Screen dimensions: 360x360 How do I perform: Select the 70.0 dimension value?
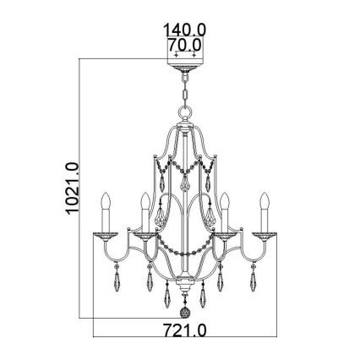183,42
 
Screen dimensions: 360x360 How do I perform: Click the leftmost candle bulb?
106,203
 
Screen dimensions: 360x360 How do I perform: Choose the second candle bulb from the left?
145,203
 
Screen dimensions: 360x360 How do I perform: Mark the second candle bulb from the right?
226,203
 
